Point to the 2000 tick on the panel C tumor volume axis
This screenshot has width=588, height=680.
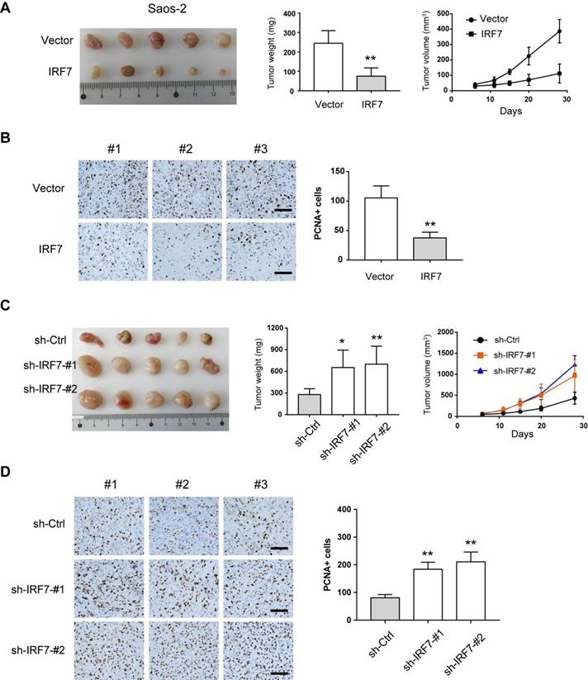[x=433, y=332]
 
